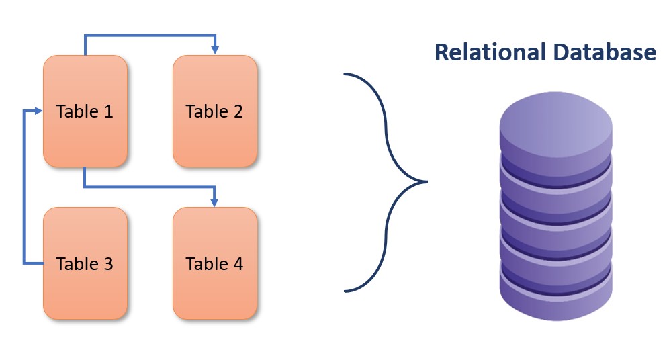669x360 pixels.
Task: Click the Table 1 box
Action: click(x=85, y=111)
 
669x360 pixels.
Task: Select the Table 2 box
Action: click(x=214, y=111)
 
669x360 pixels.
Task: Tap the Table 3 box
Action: click(x=85, y=263)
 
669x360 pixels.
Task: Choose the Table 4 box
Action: click(x=214, y=263)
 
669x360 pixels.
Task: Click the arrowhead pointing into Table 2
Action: click(x=214, y=50)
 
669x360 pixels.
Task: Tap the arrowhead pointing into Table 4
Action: click(x=214, y=201)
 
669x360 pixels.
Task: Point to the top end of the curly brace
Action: click(x=345, y=73)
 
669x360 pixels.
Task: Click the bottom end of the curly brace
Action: click(x=345, y=291)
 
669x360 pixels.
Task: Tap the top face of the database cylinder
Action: click(x=555, y=123)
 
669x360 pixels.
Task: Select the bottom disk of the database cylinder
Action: click(x=555, y=299)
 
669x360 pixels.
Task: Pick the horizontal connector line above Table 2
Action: click(x=148, y=35)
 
